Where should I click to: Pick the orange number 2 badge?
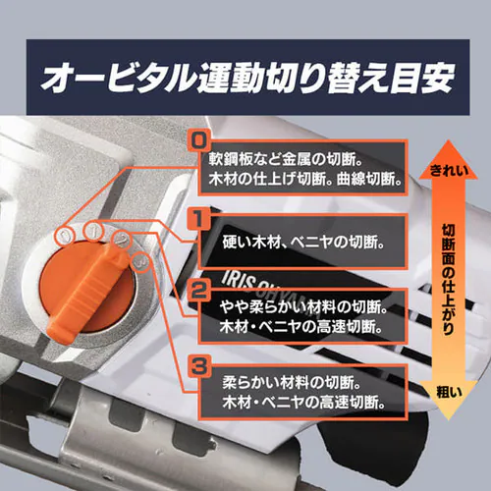199,292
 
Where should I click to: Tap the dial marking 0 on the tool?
65,236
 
